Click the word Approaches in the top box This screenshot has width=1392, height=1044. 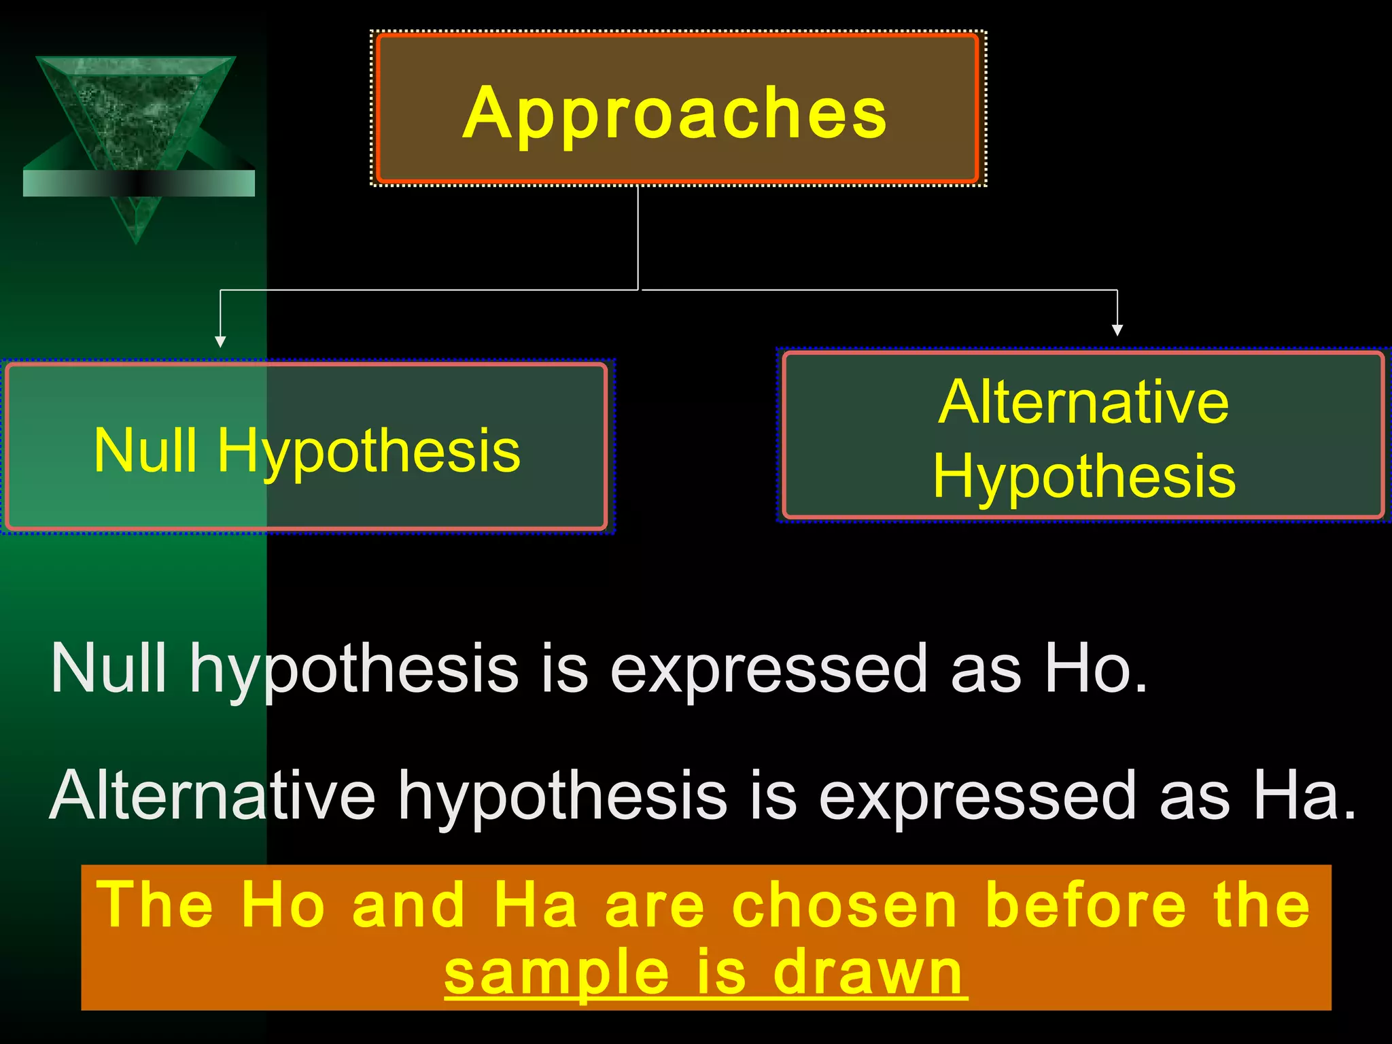pyautogui.click(x=674, y=114)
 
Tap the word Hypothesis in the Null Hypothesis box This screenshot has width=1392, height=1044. pyautogui.click(x=368, y=452)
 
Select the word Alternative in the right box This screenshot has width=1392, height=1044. pyautogui.click(x=1083, y=402)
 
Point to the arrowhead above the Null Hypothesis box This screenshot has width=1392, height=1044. pyautogui.click(x=220, y=341)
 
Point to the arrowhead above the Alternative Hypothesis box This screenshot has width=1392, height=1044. pyautogui.click(x=1117, y=330)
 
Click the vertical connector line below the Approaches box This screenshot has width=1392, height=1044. pyautogui.click(x=638, y=238)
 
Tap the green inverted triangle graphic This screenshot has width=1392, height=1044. pyautogui.click(x=136, y=116)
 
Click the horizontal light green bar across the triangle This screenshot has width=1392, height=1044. pyautogui.click(x=139, y=184)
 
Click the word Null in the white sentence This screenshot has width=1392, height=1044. pyautogui.click(x=109, y=669)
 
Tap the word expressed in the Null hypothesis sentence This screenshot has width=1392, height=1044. pyautogui.click(x=768, y=670)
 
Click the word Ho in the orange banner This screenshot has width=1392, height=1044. pyautogui.click(x=283, y=905)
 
